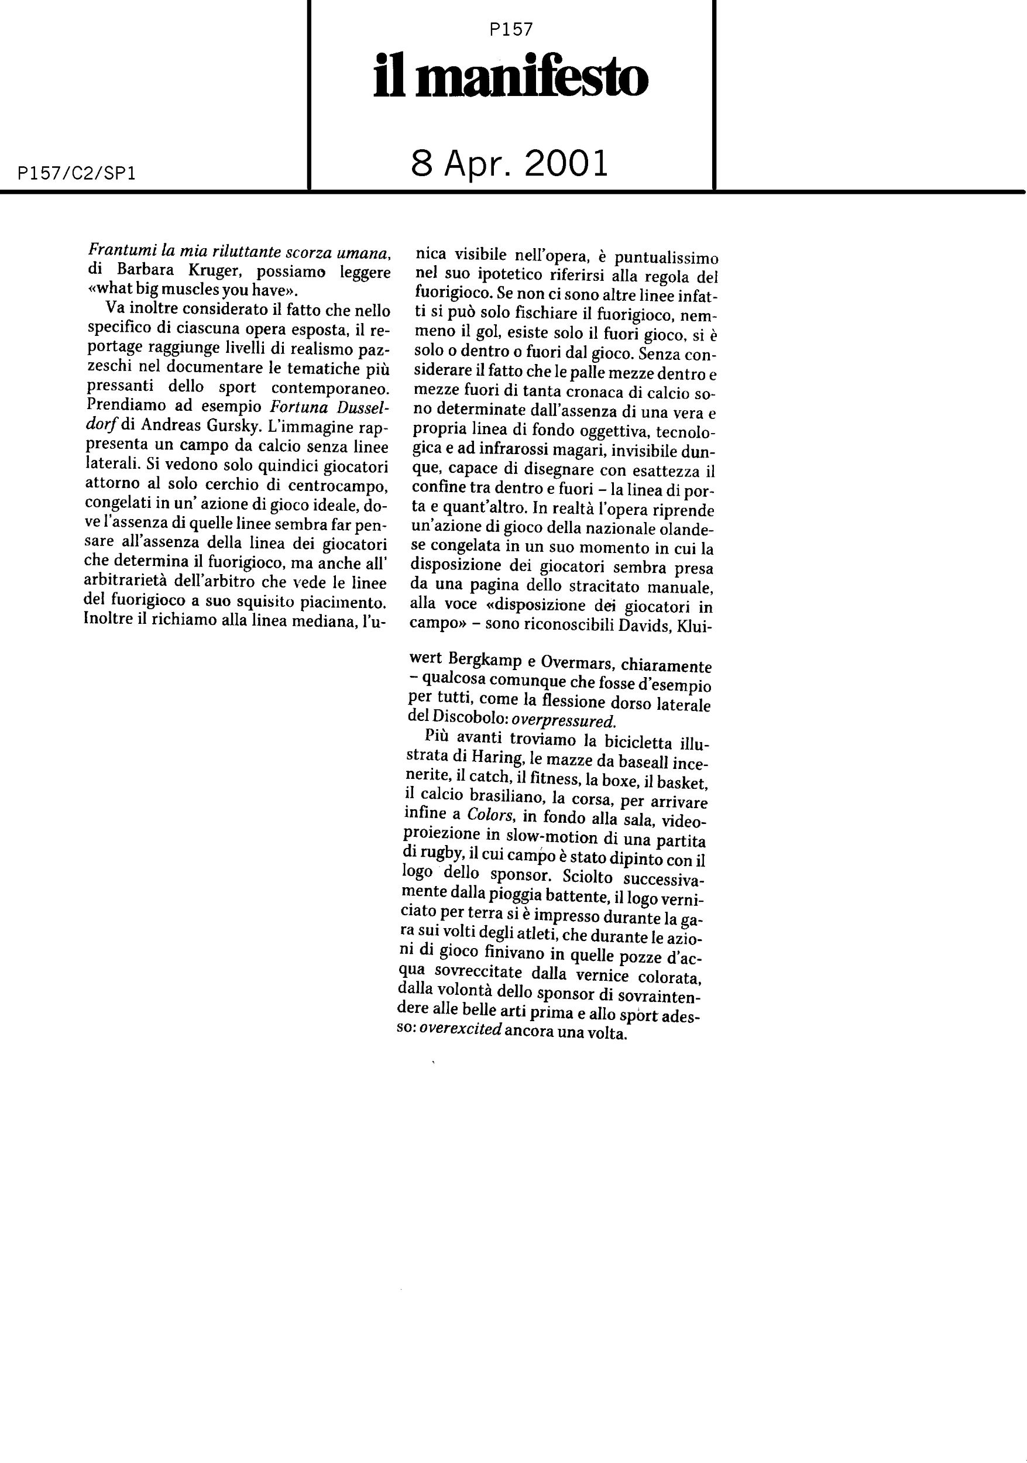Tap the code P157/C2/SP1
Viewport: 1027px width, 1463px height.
click(78, 173)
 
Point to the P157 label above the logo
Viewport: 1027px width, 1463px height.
click(511, 29)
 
